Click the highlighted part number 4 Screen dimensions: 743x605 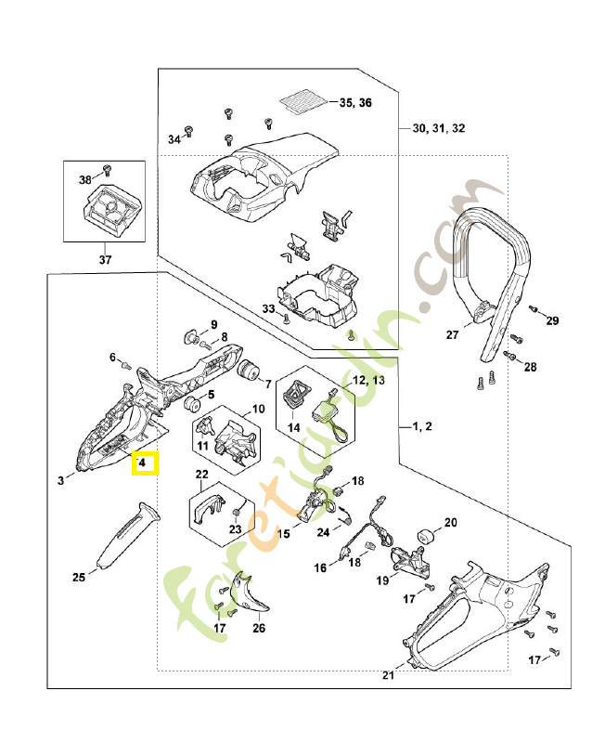tap(144, 462)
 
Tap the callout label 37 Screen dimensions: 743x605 tap(105, 260)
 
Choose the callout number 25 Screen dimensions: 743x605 tap(79, 577)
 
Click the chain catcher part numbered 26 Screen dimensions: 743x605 tap(251, 594)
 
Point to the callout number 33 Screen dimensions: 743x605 tap(267, 308)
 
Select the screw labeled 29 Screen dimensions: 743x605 tap(534, 308)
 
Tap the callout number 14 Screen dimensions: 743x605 tap(293, 427)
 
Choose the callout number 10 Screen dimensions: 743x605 tap(258, 409)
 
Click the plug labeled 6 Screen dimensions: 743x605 tap(126, 366)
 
